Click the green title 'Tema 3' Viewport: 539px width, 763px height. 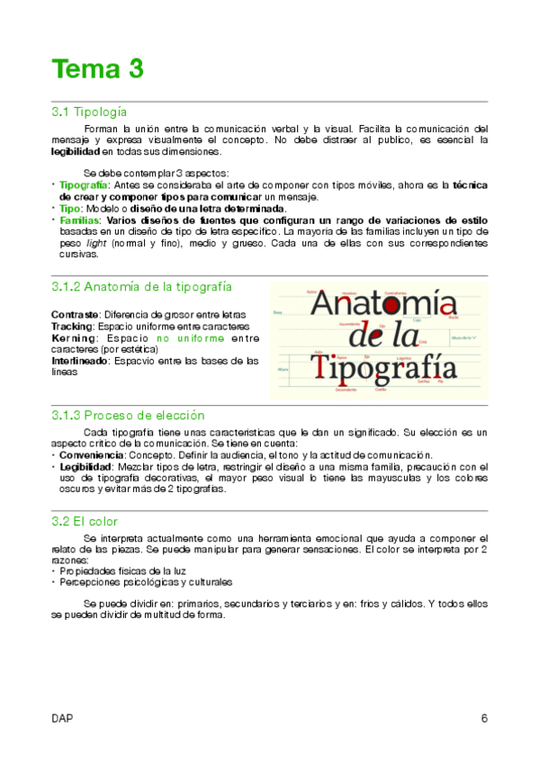click(97, 68)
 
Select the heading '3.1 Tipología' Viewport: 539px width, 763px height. click(89, 112)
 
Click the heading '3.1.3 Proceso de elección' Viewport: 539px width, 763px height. click(129, 416)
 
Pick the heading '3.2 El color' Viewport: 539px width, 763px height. click(85, 521)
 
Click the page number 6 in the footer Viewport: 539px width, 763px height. click(483, 718)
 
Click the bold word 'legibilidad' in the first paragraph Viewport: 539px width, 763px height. click(76, 152)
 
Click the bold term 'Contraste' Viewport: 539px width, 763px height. click(75, 314)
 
